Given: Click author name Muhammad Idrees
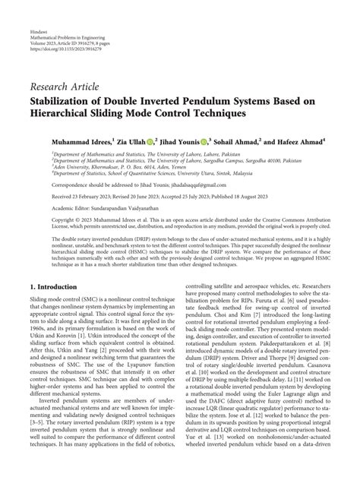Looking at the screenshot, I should (x=81, y=141).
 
